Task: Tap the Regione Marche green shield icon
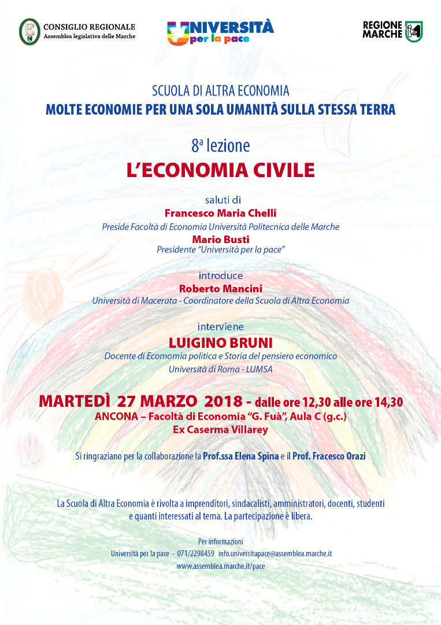click(x=413, y=31)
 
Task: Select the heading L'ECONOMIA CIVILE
click(x=220, y=170)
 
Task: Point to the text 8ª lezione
click(x=220, y=145)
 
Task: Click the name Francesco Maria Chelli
click(x=220, y=214)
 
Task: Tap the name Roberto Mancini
click(x=220, y=288)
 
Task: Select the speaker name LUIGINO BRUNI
click(x=220, y=342)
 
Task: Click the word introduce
click(x=220, y=275)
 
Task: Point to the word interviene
click(x=220, y=326)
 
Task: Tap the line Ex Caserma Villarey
click(x=220, y=429)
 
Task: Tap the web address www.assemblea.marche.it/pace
click(x=220, y=566)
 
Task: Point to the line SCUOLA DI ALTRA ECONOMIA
click(x=220, y=91)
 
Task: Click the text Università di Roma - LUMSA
click(x=220, y=369)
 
